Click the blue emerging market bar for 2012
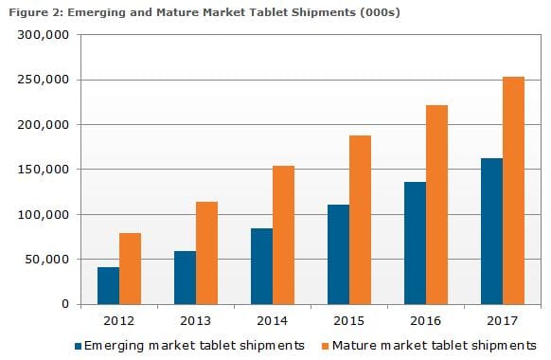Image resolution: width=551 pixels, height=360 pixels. (109, 285)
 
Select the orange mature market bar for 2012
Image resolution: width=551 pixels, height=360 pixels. (131, 268)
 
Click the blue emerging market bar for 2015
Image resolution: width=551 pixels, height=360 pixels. (339, 254)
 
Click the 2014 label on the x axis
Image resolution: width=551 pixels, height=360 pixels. (273, 320)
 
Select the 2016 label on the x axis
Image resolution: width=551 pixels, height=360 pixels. (426, 320)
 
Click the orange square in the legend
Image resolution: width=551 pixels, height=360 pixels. (324, 345)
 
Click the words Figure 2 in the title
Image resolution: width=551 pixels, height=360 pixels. (28, 10)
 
